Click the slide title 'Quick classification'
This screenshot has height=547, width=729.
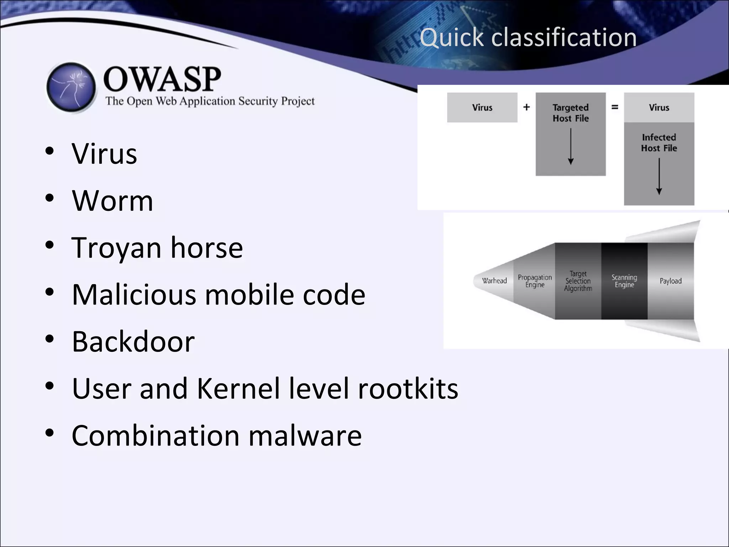[x=528, y=37]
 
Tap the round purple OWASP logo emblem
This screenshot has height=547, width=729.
[x=71, y=87]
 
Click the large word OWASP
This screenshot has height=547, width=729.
[x=162, y=79]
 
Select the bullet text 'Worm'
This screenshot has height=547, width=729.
[x=112, y=200]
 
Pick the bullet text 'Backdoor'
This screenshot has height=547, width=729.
[x=133, y=342]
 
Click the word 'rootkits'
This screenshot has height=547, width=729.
[x=408, y=389]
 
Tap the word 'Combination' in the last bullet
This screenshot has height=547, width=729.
[x=156, y=436]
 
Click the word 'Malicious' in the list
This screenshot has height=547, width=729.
[x=134, y=295]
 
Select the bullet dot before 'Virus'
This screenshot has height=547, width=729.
[x=49, y=151]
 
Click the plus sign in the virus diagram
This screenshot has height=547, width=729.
[x=526, y=107]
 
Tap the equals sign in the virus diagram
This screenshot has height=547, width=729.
[x=615, y=107]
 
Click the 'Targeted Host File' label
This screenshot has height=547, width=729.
[x=571, y=113]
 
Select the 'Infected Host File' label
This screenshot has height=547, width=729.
[x=659, y=142]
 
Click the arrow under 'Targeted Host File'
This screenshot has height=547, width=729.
[x=571, y=146]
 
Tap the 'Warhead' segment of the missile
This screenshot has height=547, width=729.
[x=494, y=281]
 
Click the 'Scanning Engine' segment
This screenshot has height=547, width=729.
[x=624, y=281]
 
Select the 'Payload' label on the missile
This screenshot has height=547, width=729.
[x=671, y=281]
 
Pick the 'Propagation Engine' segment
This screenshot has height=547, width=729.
[x=535, y=281]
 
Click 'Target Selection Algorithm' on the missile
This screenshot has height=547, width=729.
[x=578, y=281]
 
